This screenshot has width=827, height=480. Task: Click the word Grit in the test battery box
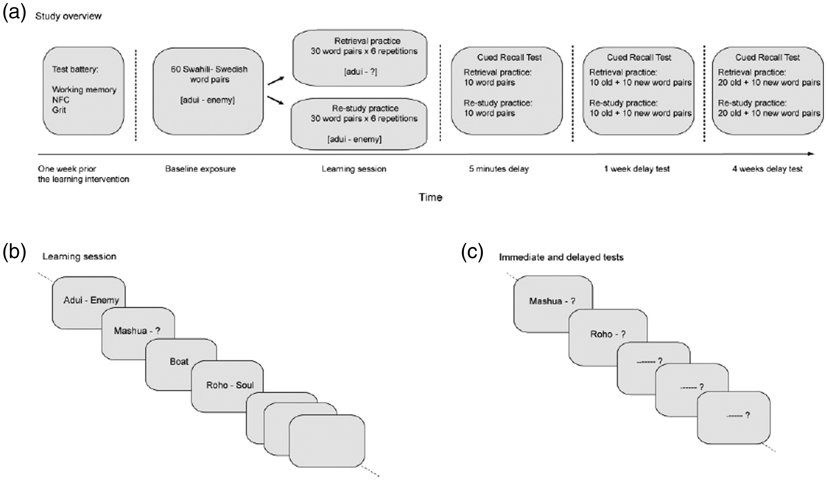click(59, 110)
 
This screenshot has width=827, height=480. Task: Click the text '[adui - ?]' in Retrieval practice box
click(361, 72)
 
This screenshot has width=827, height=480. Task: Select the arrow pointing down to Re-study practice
click(276, 100)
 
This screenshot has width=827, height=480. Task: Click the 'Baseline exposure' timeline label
click(200, 169)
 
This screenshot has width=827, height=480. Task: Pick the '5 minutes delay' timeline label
click(499, 169)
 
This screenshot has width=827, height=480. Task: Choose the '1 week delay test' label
click(637, 169)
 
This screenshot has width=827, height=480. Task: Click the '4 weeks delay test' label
click(767, 169)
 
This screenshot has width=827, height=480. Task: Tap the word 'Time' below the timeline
click(430, 197)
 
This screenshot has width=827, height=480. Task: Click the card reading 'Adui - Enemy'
click(88, 302)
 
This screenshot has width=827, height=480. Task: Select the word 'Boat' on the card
click(179, 361)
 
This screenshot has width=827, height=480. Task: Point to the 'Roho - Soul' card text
click(230, 385)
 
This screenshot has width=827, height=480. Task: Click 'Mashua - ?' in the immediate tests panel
click(552, 301)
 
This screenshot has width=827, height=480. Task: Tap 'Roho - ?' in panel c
click(608, 334)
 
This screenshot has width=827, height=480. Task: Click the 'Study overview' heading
click(68, 16)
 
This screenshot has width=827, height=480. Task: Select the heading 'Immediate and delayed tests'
click(561, 257)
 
